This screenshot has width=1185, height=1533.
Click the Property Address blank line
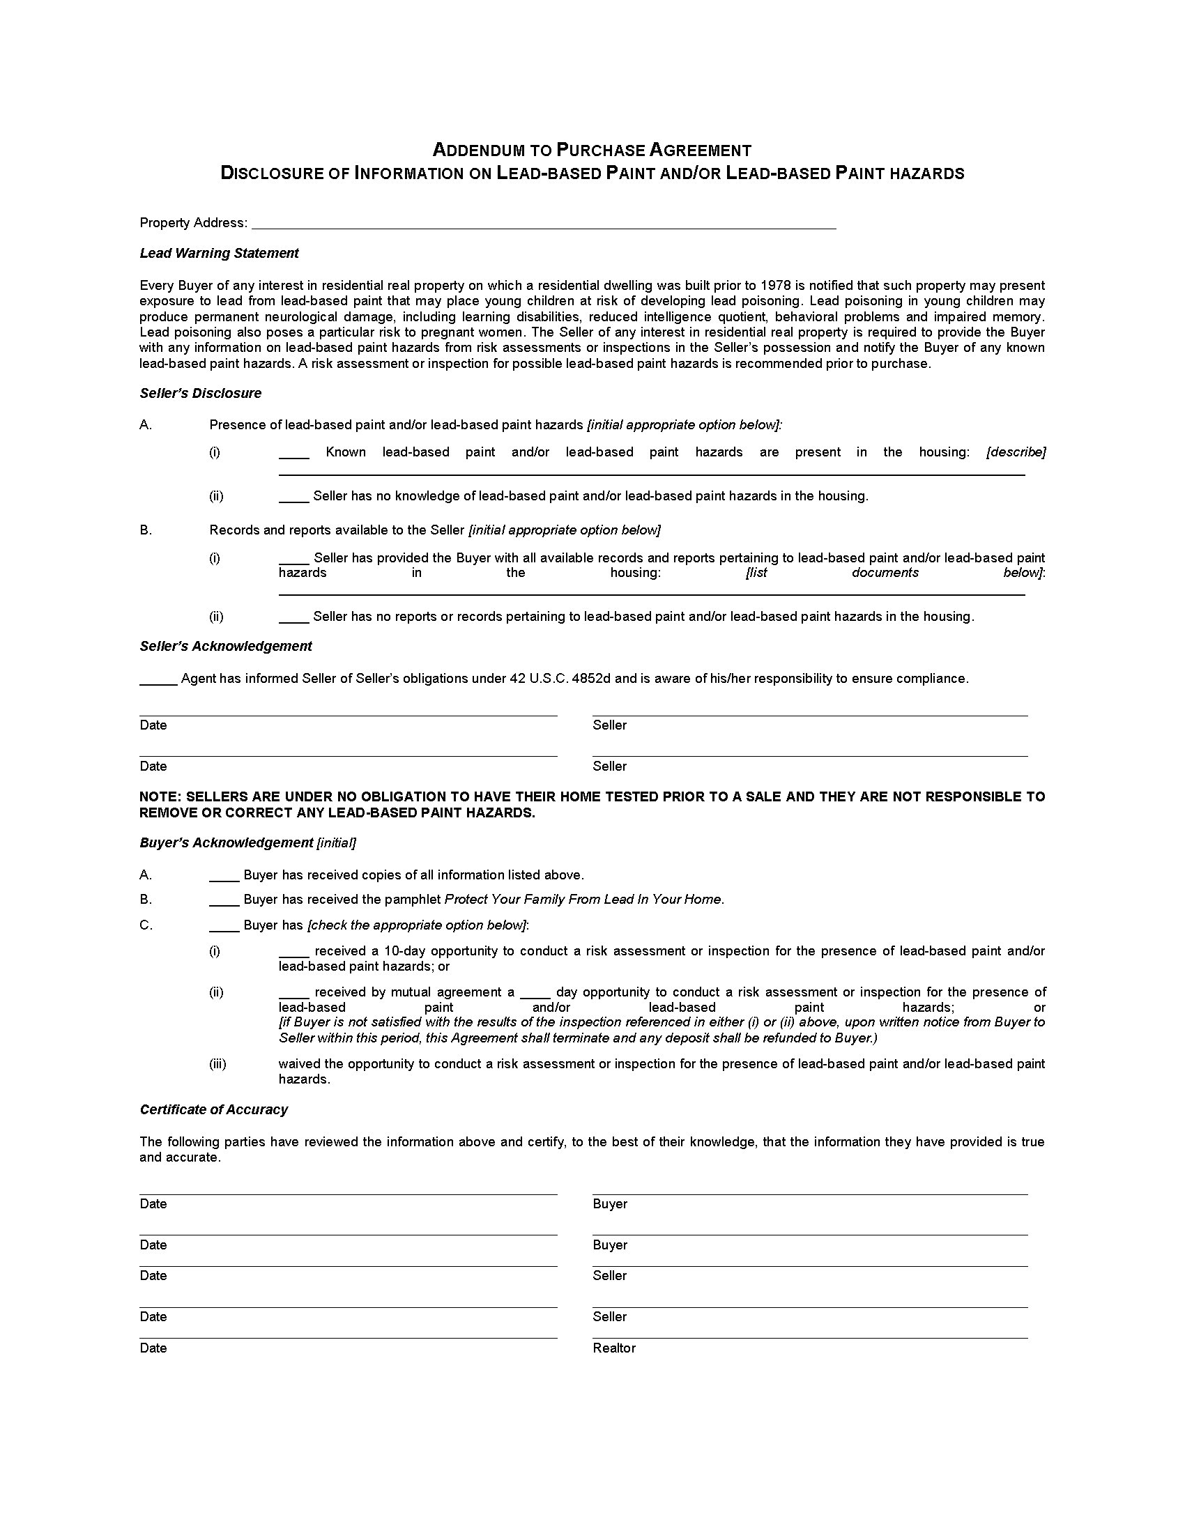pyautogui.click(x=544, y=224)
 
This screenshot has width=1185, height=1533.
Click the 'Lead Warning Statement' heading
pyautogui.click(x=219, y=254)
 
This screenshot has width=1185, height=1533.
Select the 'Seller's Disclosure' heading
pyautogui.click(x=200, y=394)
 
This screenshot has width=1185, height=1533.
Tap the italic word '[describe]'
pyautogui.click(x=1016, y=452)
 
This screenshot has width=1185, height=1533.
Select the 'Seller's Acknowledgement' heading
pyautogui.click(x=225, y=647)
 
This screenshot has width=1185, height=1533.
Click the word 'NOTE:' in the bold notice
pyautogui.click(x=161, y=796)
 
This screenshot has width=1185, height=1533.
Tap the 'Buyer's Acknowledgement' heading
pyautogui.click(x=226, y=843)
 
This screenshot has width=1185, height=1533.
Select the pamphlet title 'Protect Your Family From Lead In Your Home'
pyautogui.click(x=583, y=900)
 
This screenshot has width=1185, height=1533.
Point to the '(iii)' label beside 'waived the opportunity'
pyautogui.click(x=217, y=1064)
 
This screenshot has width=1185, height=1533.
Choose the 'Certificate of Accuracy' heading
pyautogui.click(x=213, y=1110)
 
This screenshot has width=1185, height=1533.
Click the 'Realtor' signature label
pyautogui.click(x=614, y=1348)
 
